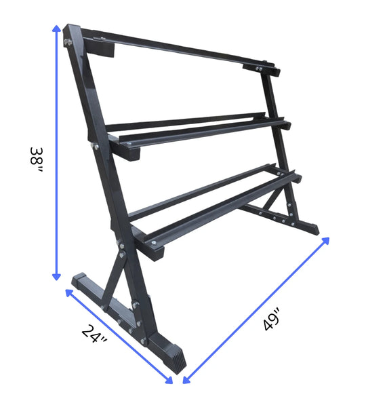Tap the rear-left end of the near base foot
click(x=79, y=280)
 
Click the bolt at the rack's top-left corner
click(x=68, y=42)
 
